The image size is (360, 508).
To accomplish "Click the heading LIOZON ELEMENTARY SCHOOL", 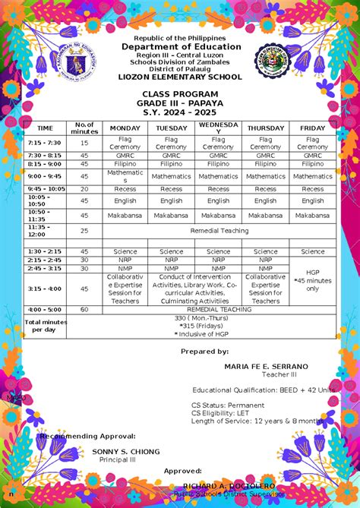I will click(180, 77).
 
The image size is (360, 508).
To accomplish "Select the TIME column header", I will click(45, 128).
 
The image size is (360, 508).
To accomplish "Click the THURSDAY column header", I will click(266, 128).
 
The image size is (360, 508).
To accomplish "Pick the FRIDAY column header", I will click(312, 128).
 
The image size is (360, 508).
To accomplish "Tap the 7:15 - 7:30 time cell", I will click(45, 142).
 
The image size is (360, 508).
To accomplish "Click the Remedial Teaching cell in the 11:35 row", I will click(218, 230).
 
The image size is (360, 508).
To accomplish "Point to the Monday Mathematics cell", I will click(125, 175).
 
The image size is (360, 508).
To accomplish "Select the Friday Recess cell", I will click(312, 189).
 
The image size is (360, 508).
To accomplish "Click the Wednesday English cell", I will click(218, 201).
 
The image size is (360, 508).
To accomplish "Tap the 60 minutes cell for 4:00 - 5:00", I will click(84, 310).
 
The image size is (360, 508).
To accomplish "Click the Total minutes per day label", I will click(45, 326).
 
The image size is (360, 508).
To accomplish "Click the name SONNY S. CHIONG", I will click(126, 451).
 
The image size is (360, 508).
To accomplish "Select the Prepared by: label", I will click(204, 352).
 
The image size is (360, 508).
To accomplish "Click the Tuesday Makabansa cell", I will click(171, 216).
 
